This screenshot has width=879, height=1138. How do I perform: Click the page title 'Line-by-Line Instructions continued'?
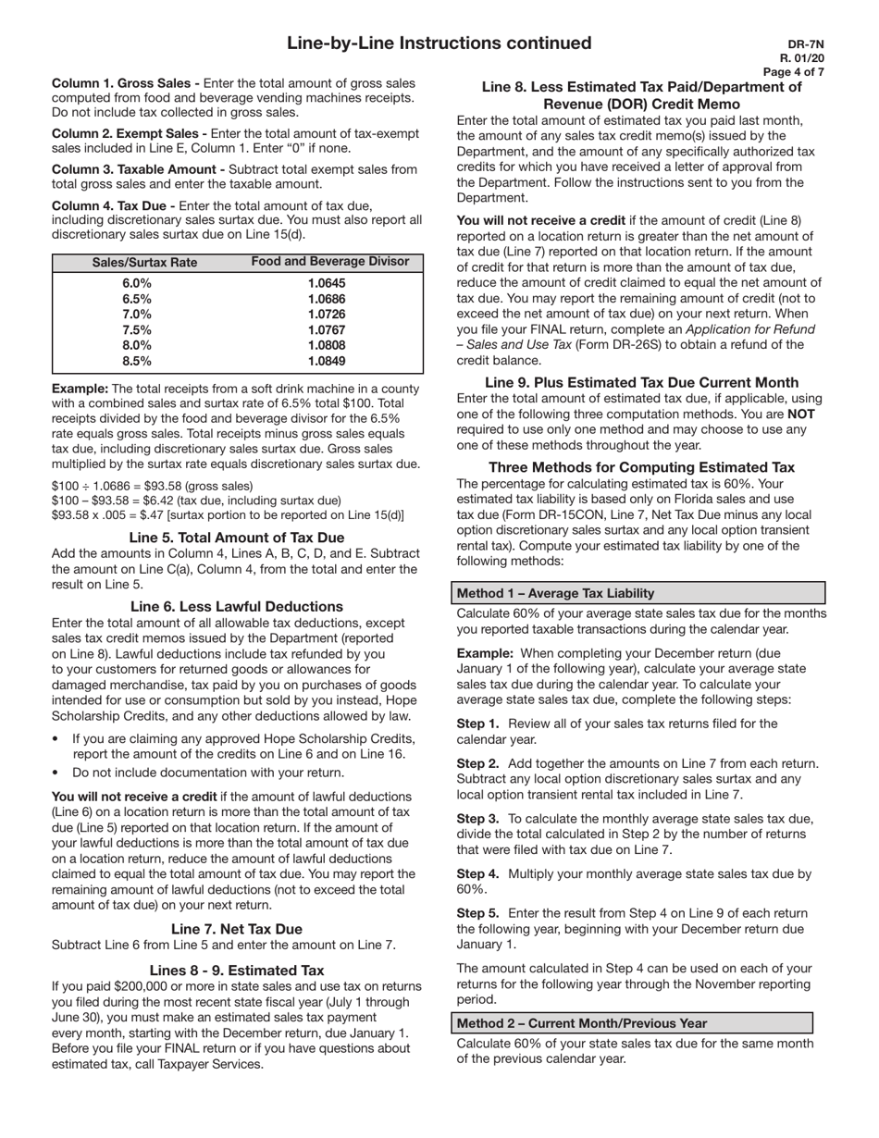point(439,43)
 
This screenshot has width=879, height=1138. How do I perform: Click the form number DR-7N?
point(806,43)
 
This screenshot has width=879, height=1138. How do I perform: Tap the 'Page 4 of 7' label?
point(794,72)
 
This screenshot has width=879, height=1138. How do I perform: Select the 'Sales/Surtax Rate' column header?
point(145,263)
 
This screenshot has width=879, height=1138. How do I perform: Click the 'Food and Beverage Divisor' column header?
point(330,262)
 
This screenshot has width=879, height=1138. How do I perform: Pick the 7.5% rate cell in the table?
point(137,330)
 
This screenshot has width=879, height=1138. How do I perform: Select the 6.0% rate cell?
point(137,283)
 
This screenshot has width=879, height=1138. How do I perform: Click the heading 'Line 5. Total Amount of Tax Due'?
point(237,538)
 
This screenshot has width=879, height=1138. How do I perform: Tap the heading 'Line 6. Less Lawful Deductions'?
point(237,607)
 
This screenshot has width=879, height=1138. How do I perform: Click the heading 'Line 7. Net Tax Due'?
point(237,929)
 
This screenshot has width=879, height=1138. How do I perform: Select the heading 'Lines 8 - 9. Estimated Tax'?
point(237,970)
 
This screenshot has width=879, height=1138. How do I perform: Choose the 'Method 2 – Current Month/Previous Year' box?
point(634,1023)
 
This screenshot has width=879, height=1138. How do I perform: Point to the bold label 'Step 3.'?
point(478,819)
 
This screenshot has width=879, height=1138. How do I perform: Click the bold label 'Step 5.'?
point(478,913)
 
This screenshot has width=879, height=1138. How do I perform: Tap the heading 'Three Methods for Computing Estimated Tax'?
point(641,467)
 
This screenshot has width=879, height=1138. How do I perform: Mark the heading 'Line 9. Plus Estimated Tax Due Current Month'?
point(641,382)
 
